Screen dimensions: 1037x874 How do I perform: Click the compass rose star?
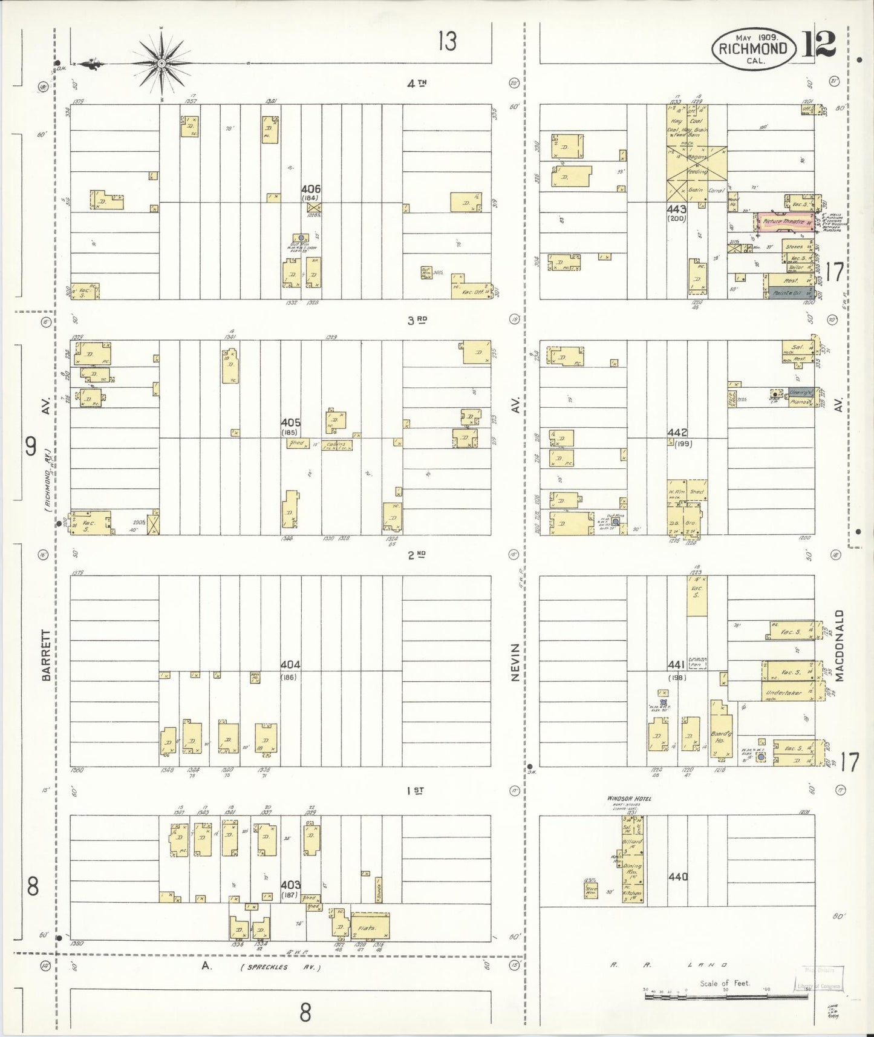click(x=161, y=63)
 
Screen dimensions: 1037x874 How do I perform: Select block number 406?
click(x=311, y=189)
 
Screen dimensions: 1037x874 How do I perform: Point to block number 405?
click(x=290, y=422)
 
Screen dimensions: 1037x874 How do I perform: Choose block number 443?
click(x=677, y=209)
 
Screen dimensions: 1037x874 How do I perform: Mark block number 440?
click(x=678, y=876)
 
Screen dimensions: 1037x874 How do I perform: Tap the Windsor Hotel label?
click(x=629, y=799)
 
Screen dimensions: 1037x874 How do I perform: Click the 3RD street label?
click(x=417, y=320)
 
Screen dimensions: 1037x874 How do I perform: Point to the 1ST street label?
click(x=415, y=790)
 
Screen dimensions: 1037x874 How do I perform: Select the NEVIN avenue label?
click(x=515, y=662)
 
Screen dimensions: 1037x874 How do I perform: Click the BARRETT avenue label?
click(x=47, y=655)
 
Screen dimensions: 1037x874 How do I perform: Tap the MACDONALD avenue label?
click(x=839, y=646)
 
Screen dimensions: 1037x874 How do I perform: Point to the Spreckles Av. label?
click(x=281, y=967)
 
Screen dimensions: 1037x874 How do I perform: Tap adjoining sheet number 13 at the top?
click(x=447, y=42)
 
